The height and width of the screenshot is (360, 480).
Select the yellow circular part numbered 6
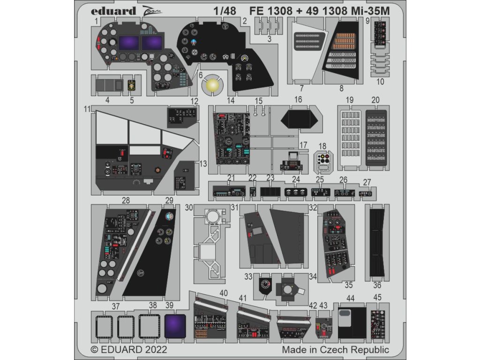coord(212,85)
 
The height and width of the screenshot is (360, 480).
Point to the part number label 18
coord(322,146)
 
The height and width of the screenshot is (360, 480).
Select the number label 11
coord(87,109)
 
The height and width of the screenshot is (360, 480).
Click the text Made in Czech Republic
coord(335,350)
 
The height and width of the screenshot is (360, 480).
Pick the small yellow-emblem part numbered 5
coord(132,85)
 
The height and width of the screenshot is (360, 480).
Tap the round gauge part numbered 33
coord(266,285)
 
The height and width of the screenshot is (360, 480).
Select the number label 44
coord(350,298)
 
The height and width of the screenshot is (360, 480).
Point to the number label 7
coord(302,88)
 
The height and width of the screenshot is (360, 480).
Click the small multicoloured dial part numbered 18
coord(322,160)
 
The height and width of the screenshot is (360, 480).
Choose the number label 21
coord(231,178)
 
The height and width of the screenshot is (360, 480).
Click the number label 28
coord(126,200)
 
